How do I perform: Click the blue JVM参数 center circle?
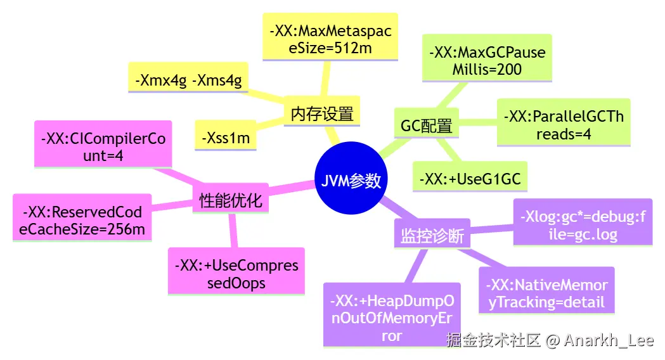coord(351,180)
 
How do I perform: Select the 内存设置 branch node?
coord(321,113)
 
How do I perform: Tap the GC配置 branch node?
coord(426,125)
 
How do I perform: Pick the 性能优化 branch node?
coord(230,201)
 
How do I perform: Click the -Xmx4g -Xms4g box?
coord(189,80)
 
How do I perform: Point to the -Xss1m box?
coord(225,136)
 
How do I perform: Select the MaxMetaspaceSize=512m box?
coord(330,39)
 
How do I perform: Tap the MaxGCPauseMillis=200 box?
coord(487,60)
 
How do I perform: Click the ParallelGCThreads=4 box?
coord(563,125)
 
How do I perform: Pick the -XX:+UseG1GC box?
coord(470,179)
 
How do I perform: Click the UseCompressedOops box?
coord(236,274)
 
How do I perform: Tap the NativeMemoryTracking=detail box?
coord(546,293)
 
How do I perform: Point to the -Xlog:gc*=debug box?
coord(582,225)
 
